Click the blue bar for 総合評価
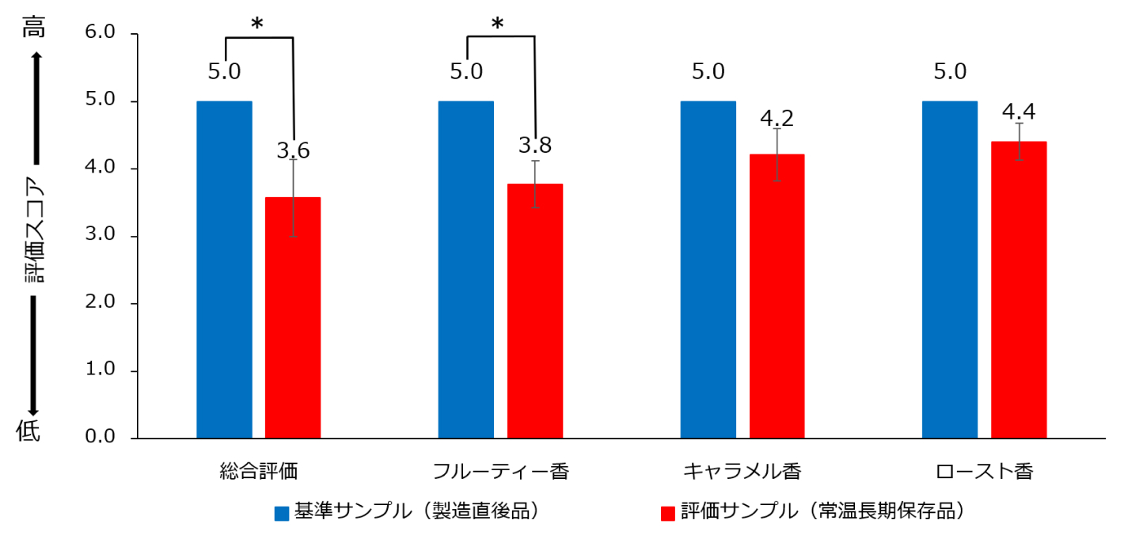[224, 269]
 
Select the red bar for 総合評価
[293, 317]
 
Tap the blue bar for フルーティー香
[465, 269]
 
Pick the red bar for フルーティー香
[535, 310]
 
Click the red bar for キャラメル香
[777, 296]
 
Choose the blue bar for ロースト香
[949, 269]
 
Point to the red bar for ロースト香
[1019, 290]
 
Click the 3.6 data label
[293, 150]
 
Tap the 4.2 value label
[777, 119]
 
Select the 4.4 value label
[1019, 110]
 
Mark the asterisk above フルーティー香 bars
[497, 25]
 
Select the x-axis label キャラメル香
[742, 473]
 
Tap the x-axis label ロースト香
[984, 473]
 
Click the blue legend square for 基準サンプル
[282, 513]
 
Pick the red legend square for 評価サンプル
[667, 513]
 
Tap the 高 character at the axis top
[34, 28]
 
